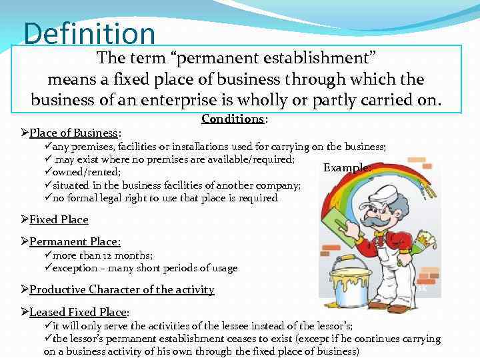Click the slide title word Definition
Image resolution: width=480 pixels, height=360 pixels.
[x=89, y=34]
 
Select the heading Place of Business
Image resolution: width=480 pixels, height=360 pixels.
[x=73, y=133]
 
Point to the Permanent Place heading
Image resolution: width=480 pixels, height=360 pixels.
[x=75, y=242]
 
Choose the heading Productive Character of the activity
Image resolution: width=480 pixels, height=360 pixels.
[x=121, y=289]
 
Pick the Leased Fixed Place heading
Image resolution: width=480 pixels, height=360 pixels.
[x=78, y=312]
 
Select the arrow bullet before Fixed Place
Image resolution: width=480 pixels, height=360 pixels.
[x=25, y=219]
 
